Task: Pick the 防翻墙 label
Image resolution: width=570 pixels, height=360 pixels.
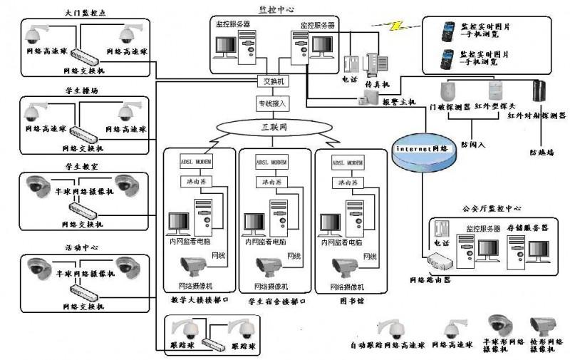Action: [x=543, y=152]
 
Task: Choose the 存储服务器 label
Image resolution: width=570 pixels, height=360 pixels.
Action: [x=529, y=227]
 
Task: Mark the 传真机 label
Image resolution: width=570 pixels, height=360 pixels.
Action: [x=375, y=83]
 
